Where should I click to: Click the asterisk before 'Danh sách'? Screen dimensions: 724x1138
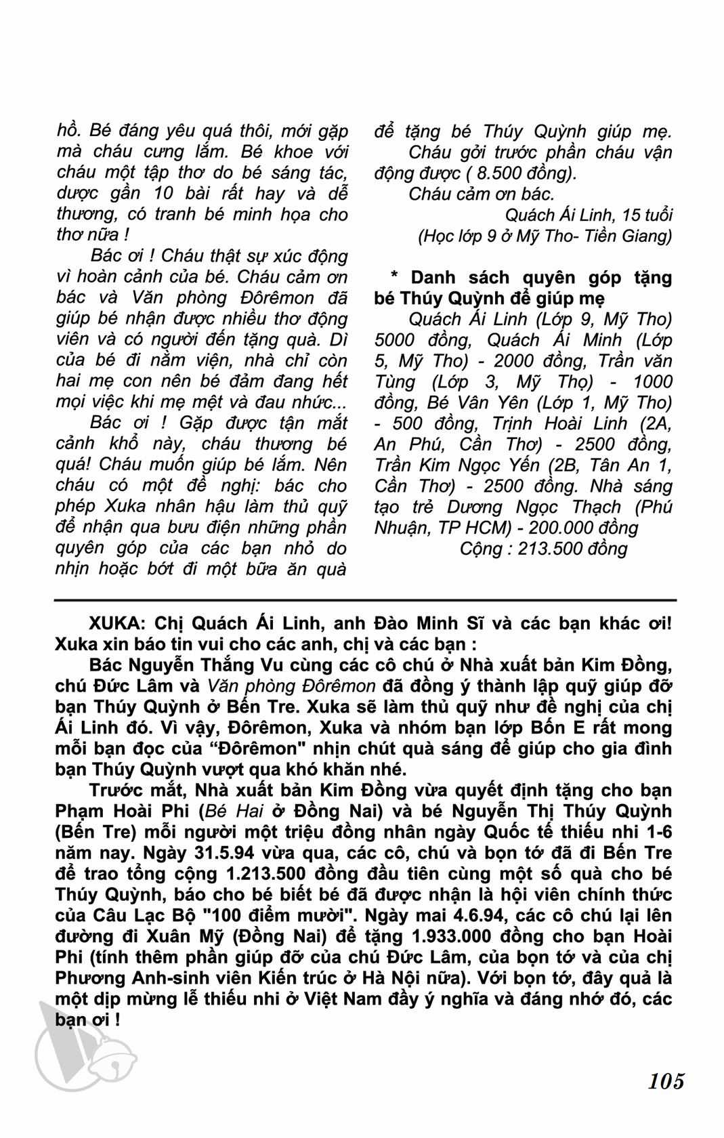coord(394,277)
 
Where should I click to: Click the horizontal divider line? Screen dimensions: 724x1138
coord(366,600)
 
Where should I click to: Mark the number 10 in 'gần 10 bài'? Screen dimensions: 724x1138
coord(165,194)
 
